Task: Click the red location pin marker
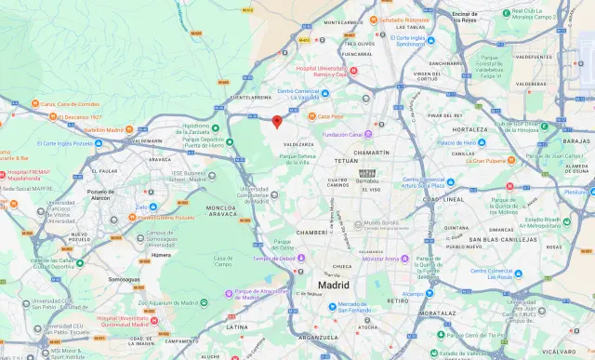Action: (x=276, y=121)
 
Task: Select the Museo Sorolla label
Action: (x=381, y=223)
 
